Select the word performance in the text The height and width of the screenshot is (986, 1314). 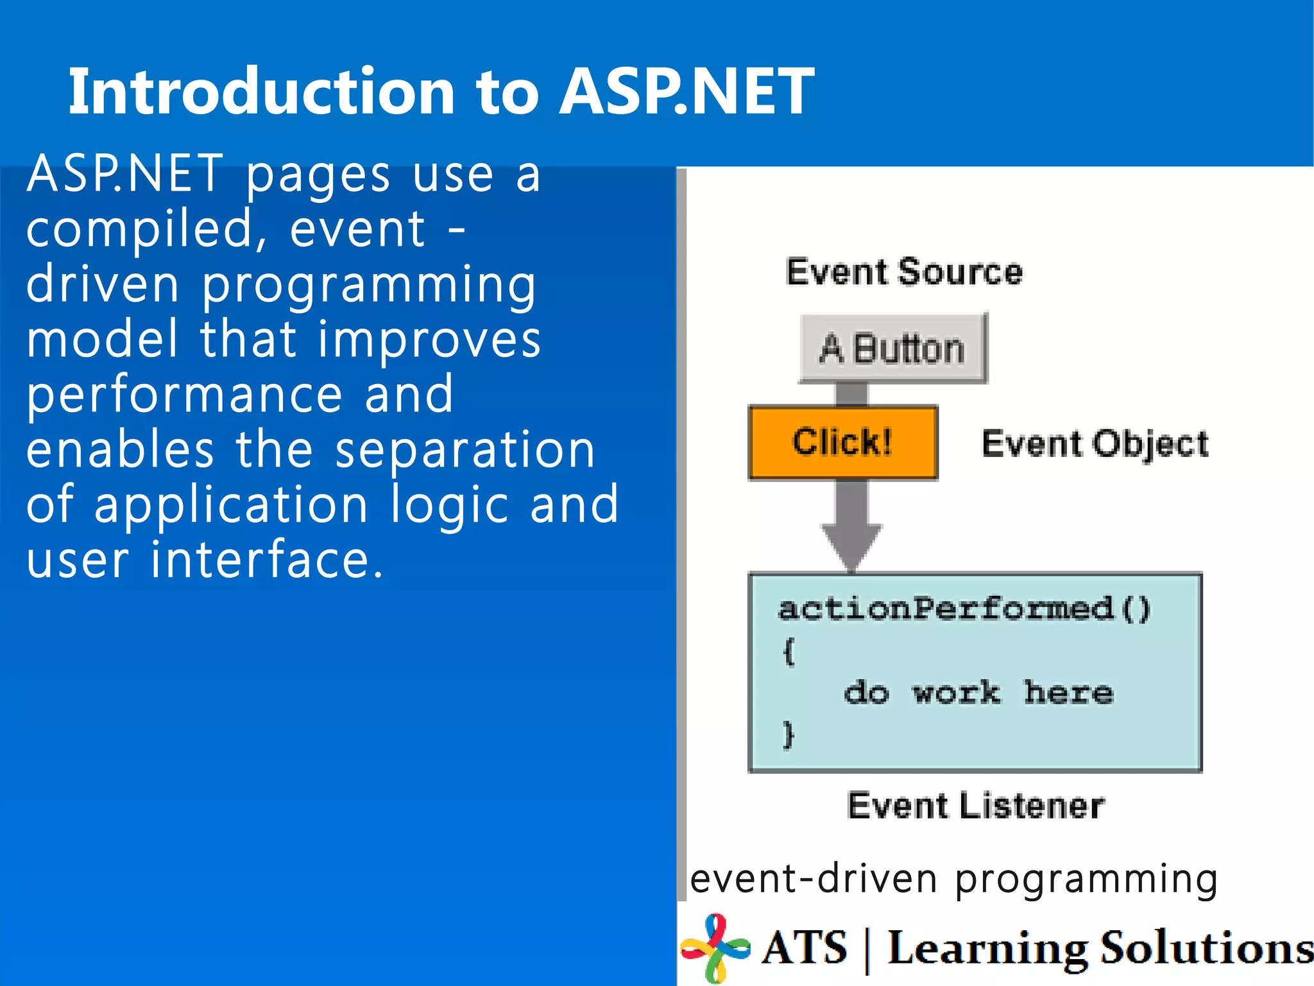click(185, 395)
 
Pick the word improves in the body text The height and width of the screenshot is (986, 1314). click(429, 340)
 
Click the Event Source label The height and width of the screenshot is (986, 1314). click(904, 272)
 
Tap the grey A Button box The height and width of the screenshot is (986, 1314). click(892, 349)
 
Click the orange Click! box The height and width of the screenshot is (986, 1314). click(843, 442)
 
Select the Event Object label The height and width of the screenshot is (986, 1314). click(1095, 444)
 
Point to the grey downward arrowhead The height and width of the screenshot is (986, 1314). click(851, 546)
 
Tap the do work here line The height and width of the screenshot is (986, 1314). click(978, 693)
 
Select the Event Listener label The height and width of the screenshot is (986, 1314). click(976, 806)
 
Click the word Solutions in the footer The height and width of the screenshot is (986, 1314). click(1206, 948)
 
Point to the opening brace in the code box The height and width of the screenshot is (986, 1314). click(789, 652)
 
